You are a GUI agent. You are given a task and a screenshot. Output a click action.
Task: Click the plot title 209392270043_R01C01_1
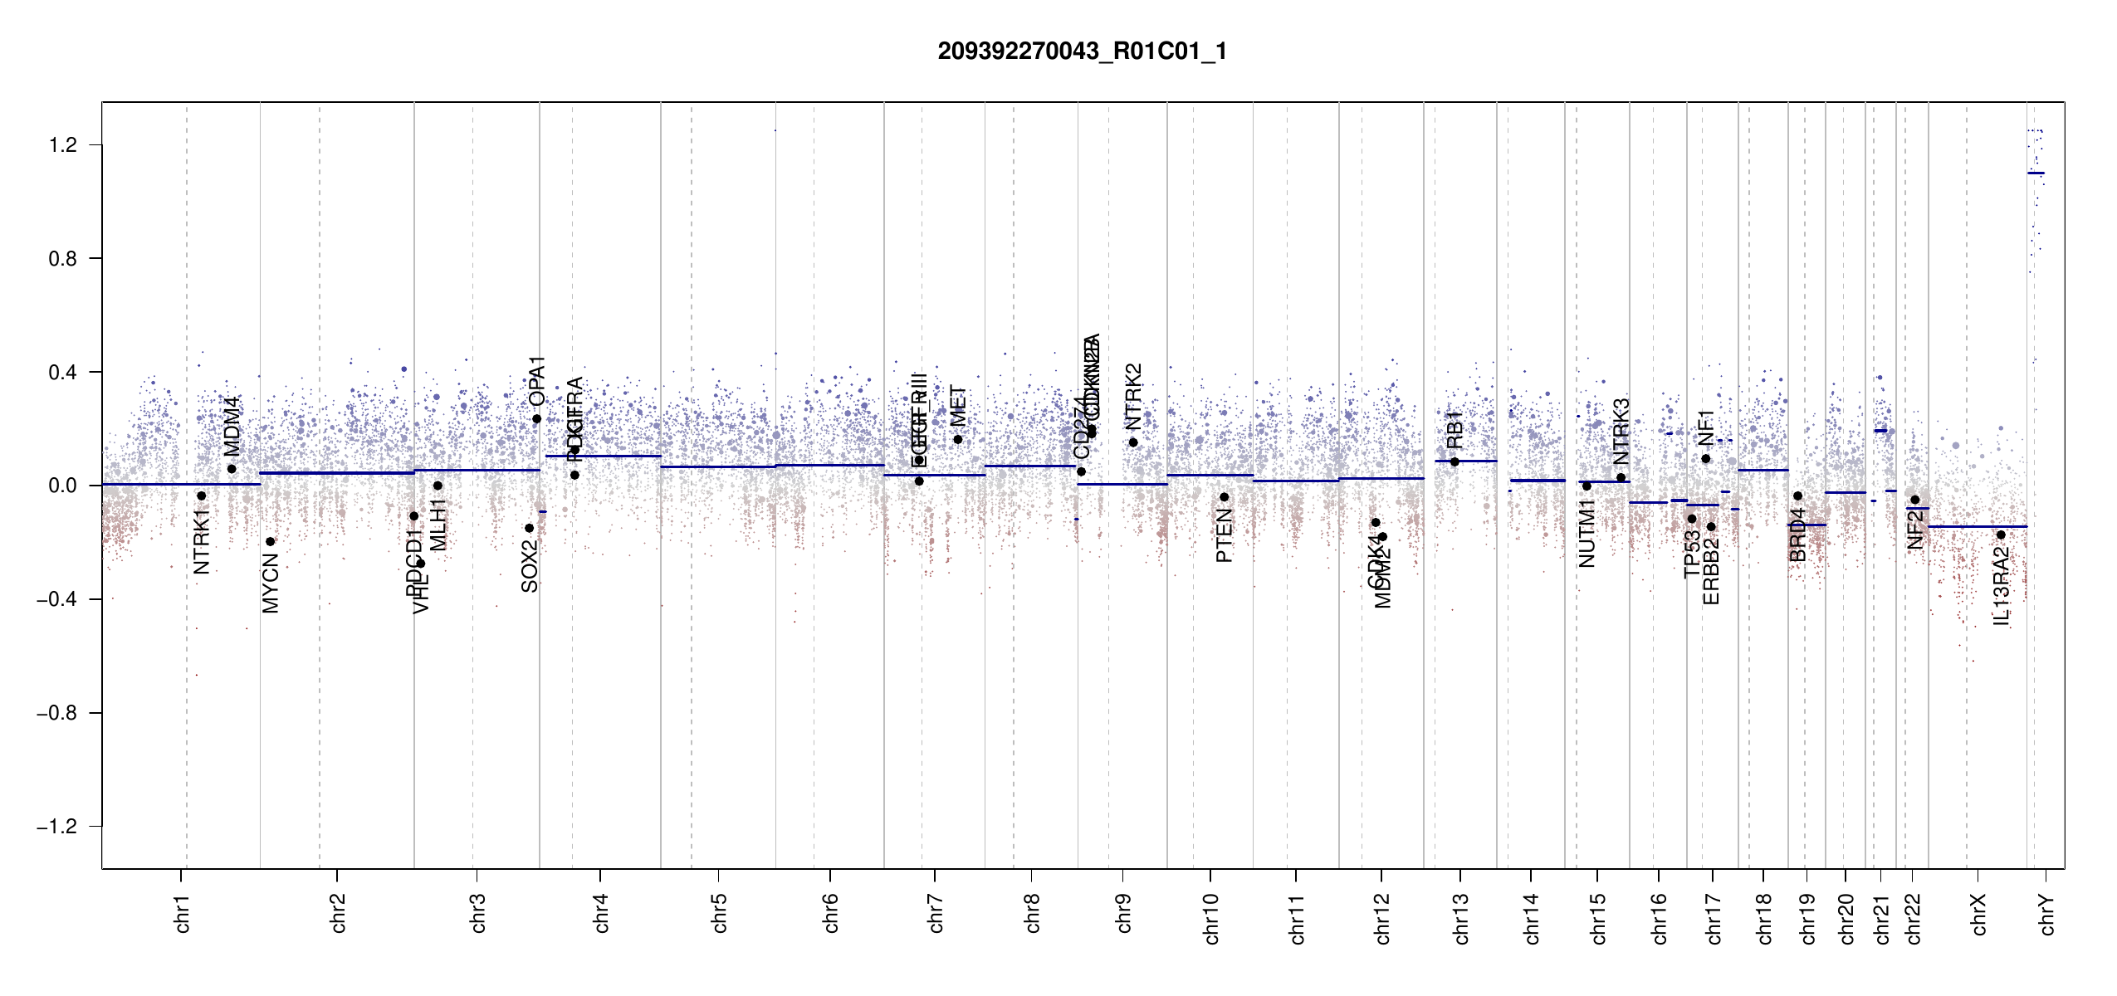(1082, 51)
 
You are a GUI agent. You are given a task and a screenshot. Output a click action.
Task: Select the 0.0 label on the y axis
(63, 486)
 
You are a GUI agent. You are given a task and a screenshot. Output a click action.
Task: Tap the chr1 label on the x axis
(183, 913)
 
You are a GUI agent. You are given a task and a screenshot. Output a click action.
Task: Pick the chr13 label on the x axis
(1461, 918)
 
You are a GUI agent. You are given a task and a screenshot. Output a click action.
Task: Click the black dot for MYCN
(270, 542)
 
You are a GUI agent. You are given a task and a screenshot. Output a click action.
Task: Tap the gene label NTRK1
(202, 542)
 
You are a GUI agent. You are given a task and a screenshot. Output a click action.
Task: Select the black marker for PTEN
(1224, 497)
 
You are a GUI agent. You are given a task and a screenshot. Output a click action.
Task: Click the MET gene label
(958, 406)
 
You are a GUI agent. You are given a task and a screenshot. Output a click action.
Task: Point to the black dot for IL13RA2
(2001, 535)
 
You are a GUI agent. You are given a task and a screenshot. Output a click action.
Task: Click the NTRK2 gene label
(1133, 397)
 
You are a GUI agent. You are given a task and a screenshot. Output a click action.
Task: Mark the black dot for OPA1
(536, 419)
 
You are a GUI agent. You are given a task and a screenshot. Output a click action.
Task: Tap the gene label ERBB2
(1711, 571)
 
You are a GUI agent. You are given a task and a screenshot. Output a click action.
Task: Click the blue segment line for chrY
(2036, 173)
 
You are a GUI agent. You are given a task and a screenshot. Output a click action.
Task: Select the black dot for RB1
(1455, 462)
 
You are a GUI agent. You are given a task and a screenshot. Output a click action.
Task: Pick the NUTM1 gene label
(1587, 535)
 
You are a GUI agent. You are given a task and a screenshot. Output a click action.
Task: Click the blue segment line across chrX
(1976, 526)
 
